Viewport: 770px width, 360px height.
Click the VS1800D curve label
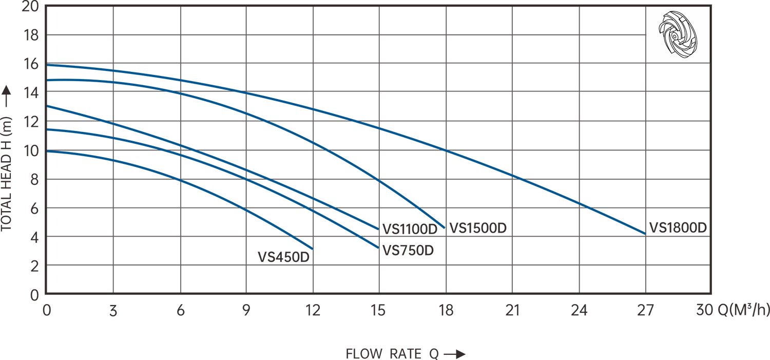(x=678, y=228)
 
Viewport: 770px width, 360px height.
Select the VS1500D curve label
(x=477, y=228)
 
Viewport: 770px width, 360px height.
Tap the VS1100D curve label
(x=410, y=228)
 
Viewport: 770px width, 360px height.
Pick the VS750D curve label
(x=409, y=250)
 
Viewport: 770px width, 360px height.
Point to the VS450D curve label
(x=284, y=257)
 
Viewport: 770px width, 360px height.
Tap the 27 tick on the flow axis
(x=645, y=311)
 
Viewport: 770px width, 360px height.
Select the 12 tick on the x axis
(x=313, y=311)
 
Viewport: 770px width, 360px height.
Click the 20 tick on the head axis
(x=32, y=7)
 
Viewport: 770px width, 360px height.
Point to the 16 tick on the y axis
(x=32, y=64)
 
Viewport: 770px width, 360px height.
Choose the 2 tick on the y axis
(x=35, y=266)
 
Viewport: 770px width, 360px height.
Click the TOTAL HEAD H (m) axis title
(x=7, y=180)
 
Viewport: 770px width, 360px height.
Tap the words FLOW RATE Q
(x=392, y=354)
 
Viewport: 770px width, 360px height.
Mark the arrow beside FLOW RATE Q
(x=454, y=354)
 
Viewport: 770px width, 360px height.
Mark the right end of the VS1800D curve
(x=645, y=234)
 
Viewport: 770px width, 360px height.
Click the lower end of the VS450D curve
(x=312, y=249)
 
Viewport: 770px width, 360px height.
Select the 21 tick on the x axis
(x=512, y=311)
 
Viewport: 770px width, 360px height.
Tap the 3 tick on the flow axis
(x=113, y=311)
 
